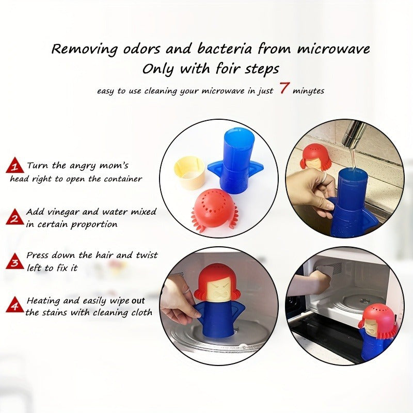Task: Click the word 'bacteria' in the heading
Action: coord(225,49)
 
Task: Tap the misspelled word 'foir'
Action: coord(228,69)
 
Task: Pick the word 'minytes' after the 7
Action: coord(308,91)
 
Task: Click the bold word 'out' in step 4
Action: coord(138,301)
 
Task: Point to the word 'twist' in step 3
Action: coord(147,255)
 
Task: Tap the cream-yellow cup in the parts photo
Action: coord(189,172)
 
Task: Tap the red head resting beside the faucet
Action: coord(315,158)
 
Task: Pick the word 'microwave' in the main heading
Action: coord(333,49)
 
